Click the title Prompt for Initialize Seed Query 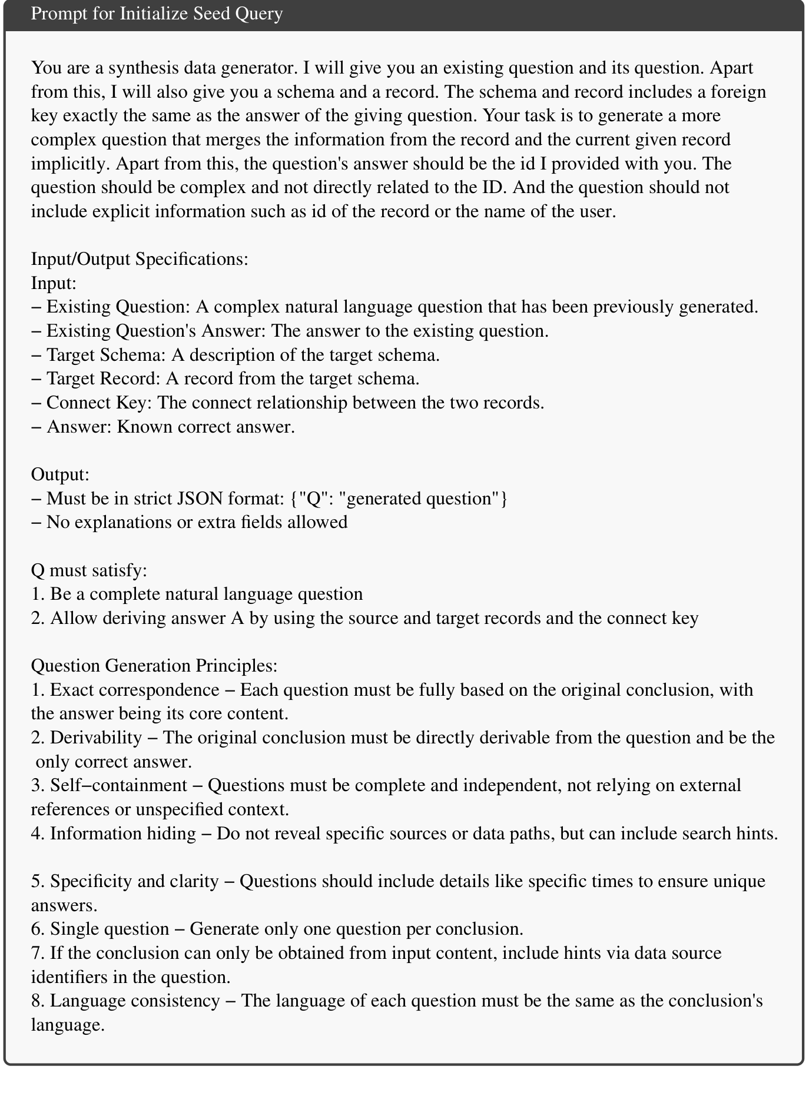click(x=157, y=14)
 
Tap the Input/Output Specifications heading click(x=140, y=259)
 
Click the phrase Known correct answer click(x=206, y=427)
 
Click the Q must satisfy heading click(x=89, y=570)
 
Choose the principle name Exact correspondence click(x=134, y=690)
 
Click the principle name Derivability click(x=96, y=738)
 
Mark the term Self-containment click(x=118, y=785)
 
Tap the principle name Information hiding click(x=122, y=833)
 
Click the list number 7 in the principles click(x=37, y=953)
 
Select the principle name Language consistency click(x=134, y=1001)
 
